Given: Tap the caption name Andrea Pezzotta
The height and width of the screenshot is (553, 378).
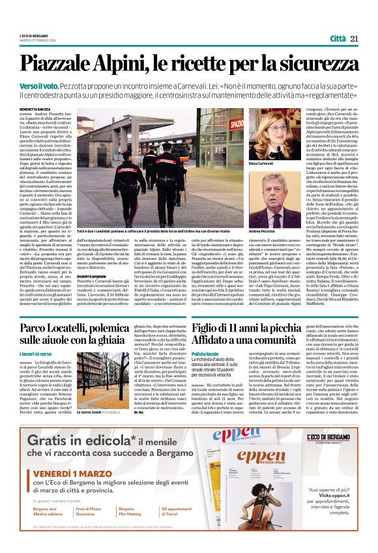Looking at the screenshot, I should click(262, 231).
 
